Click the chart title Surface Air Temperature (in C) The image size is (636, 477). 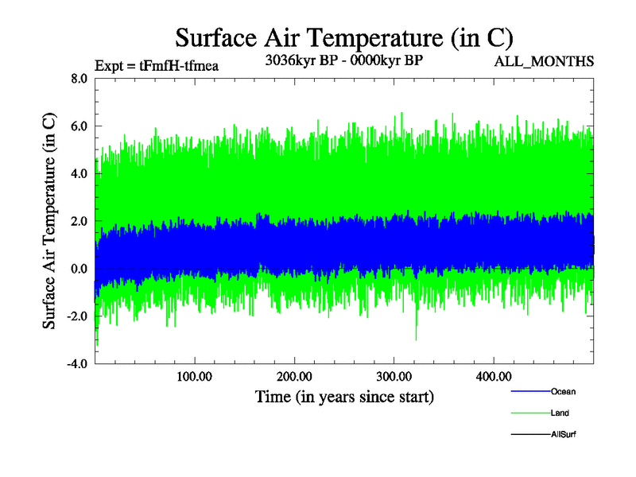(x=343, y=37)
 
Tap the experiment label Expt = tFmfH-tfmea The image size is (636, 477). (x=156, y=65)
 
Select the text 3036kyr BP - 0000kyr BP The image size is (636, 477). (x=343, y=59)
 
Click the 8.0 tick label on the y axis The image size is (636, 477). (x=79, y=78)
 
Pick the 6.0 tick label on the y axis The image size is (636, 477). (x=79, y=126)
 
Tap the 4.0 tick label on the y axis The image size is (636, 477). (x=79, y=173)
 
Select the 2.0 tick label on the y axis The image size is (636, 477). (x=79, y=221)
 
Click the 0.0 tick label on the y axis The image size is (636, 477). (x=79, y=269)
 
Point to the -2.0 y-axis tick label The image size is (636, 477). (x=76, y=316)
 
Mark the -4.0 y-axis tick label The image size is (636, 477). (x=76, y=364)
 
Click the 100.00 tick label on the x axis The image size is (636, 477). (x=194, y=376)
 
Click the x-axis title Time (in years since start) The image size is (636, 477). (x=344, y=396)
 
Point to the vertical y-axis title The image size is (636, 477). (x=49, y=221)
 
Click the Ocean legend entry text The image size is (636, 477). (x=563, y=391)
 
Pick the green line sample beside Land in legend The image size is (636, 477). (x=529, y=413)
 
